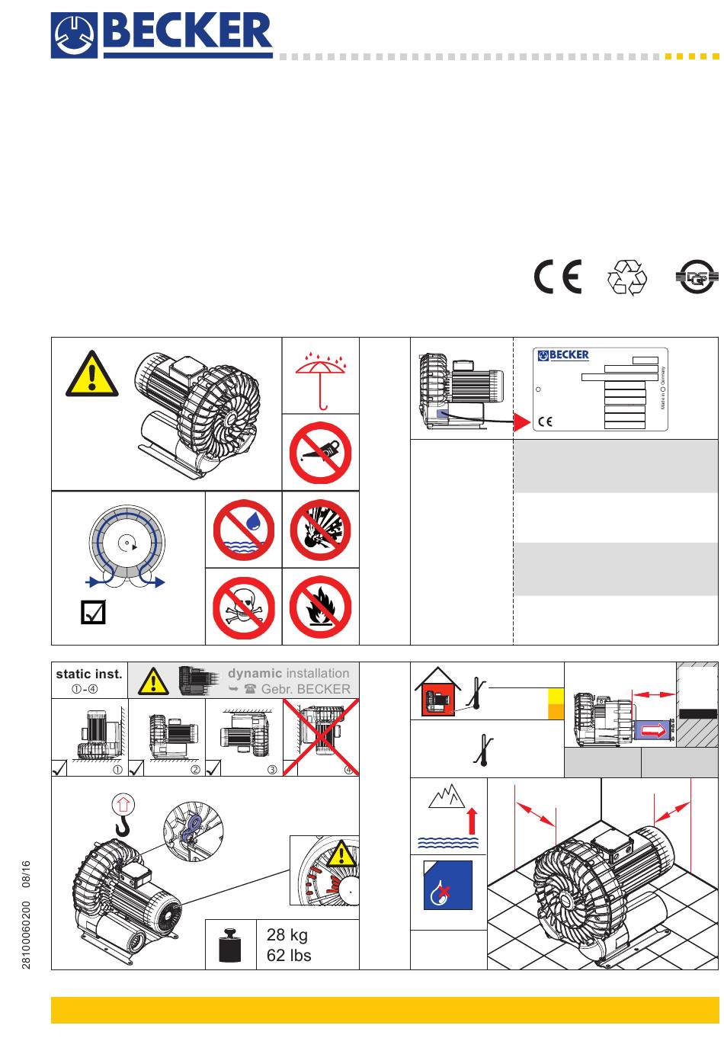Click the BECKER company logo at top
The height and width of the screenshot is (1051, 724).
tap(162, 35)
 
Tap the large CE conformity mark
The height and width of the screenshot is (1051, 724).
tap(557, 277)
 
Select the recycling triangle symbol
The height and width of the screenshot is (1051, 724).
tap(626, 277)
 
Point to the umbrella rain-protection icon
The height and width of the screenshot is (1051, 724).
tap(320, 378)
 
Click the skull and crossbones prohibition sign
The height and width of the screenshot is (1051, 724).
tap(243, 607)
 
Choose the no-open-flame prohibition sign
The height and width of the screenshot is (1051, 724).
tap(320, 607)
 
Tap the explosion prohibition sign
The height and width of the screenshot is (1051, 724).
tap(320, 530)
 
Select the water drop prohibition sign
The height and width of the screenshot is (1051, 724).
tap(243, 530)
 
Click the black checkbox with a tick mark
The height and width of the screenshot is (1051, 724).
tap(93, 613)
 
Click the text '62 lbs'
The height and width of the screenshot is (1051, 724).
tap(289, 955)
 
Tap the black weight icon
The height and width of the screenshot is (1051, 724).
tap(230, 945)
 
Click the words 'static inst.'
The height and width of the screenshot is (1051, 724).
tap(88, 674)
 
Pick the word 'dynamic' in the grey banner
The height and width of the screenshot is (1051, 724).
tap(255, 673)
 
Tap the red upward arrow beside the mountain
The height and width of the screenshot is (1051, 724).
tap(473, 820)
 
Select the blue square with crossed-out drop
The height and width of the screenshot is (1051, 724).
tap(448, 885)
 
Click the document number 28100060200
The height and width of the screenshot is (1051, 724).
tap(27, 934)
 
